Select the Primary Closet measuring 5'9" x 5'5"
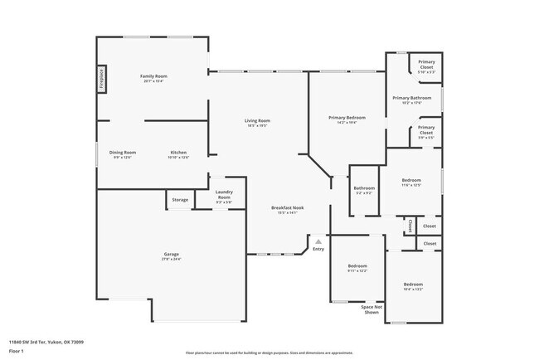(426, 130)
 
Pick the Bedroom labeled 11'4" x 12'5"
(411, 182)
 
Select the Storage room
(180, 200)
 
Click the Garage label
(171, 255)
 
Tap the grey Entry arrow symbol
(318, 241)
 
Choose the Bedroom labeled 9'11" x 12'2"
(357, 268)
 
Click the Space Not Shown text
(370, 309)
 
